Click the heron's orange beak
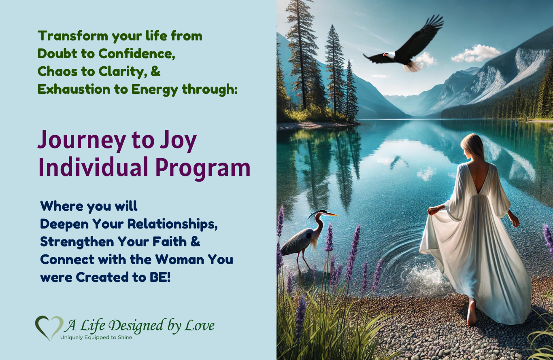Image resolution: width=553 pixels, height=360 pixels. (331, 214)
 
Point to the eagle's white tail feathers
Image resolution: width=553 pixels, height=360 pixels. (413, 66)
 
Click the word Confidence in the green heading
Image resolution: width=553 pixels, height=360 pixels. (137, 53)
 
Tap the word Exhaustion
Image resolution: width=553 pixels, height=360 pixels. (74, 89)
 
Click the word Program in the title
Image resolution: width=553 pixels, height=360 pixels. (203, 168)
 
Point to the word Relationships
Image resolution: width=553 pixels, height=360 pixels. (172, 224)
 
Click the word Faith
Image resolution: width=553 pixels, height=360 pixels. (169, 241)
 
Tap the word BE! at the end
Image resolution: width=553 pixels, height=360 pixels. (160, 277)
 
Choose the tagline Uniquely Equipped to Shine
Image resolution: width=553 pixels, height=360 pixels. (96, 337)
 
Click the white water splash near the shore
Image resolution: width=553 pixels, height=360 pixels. (427, 276)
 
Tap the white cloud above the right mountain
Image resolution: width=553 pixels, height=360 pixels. (475, 53)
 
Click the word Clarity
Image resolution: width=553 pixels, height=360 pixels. (121, 72)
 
